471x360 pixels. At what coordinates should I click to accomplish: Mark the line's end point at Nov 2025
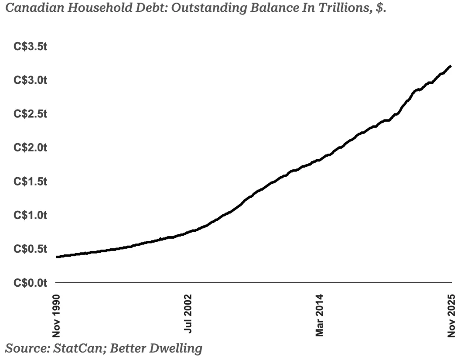point(451,66)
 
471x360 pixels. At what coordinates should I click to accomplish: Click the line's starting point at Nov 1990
point(57,257)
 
